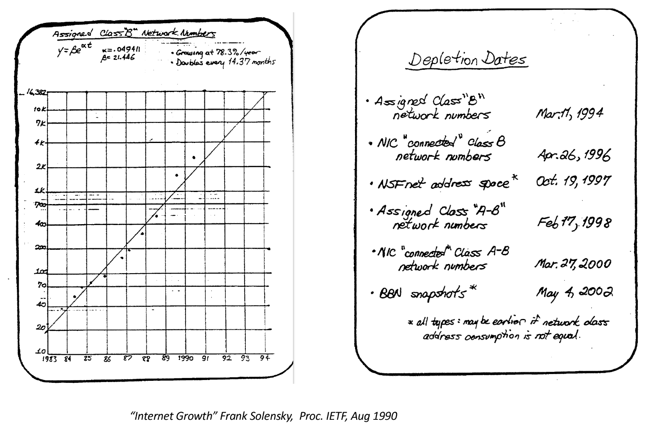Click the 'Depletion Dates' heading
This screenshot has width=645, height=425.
467,60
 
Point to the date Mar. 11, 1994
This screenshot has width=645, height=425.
569,114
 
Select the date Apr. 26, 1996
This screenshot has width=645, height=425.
574,155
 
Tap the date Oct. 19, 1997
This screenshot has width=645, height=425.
573,181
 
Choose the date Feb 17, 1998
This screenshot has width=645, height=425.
574,222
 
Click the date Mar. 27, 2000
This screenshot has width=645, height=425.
572,264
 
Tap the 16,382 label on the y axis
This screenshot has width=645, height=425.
36,92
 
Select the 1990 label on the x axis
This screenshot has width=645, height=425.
185,358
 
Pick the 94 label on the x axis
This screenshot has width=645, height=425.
264,358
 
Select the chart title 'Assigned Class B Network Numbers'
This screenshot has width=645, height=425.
134,34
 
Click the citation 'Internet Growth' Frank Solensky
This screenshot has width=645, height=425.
264,416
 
